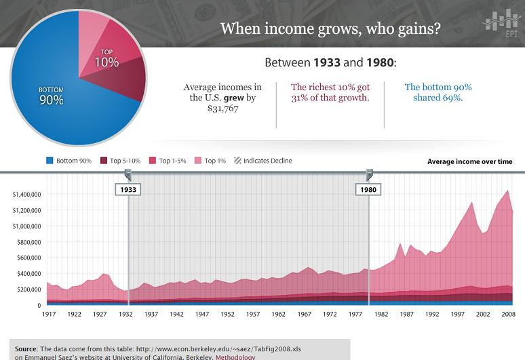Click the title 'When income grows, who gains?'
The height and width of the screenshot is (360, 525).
(330, 28)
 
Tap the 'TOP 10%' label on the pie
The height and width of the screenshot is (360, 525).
(106, 58)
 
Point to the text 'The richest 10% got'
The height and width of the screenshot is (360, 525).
(330, 87)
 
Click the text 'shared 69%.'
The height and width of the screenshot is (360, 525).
(437, 98)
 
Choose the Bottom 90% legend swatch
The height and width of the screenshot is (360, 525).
(49, 161)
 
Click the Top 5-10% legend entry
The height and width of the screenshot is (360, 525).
(121, 161)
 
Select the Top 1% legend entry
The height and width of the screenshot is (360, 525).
(210, 161)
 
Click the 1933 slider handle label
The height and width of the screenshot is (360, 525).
(128, 190)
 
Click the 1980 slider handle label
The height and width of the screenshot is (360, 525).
(368, 190)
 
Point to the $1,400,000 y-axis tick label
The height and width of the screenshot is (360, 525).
(27, 195)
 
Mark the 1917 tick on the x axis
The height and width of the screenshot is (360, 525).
(49, 315)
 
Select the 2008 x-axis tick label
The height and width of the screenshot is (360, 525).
(507, 315)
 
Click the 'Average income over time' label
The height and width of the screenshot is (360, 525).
(469, 161)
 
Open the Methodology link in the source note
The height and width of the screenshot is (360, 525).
(235, 357)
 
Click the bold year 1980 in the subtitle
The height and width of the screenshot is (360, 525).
(379, 63)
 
